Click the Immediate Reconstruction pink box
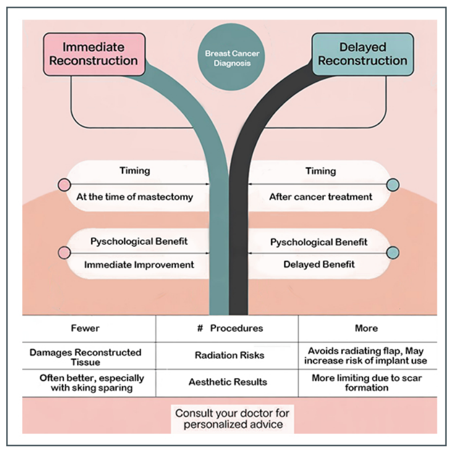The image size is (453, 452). point(93,54)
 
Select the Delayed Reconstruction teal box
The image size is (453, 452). point(363,54)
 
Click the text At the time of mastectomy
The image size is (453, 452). point(134,197)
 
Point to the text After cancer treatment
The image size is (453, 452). point(320,197)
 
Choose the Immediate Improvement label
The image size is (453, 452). point(139,265)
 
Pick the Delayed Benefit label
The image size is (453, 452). point(319,265)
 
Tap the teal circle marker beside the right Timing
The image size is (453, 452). point(392,185)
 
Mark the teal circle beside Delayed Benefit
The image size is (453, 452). point(392,253)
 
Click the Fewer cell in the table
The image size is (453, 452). point(85,328)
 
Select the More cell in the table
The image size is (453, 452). point(366,328)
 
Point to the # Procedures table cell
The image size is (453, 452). point(227,328)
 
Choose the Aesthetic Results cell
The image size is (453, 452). point(228,382)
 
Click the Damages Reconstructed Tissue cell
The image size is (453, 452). point(85,357)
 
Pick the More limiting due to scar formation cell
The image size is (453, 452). point(367,383)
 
